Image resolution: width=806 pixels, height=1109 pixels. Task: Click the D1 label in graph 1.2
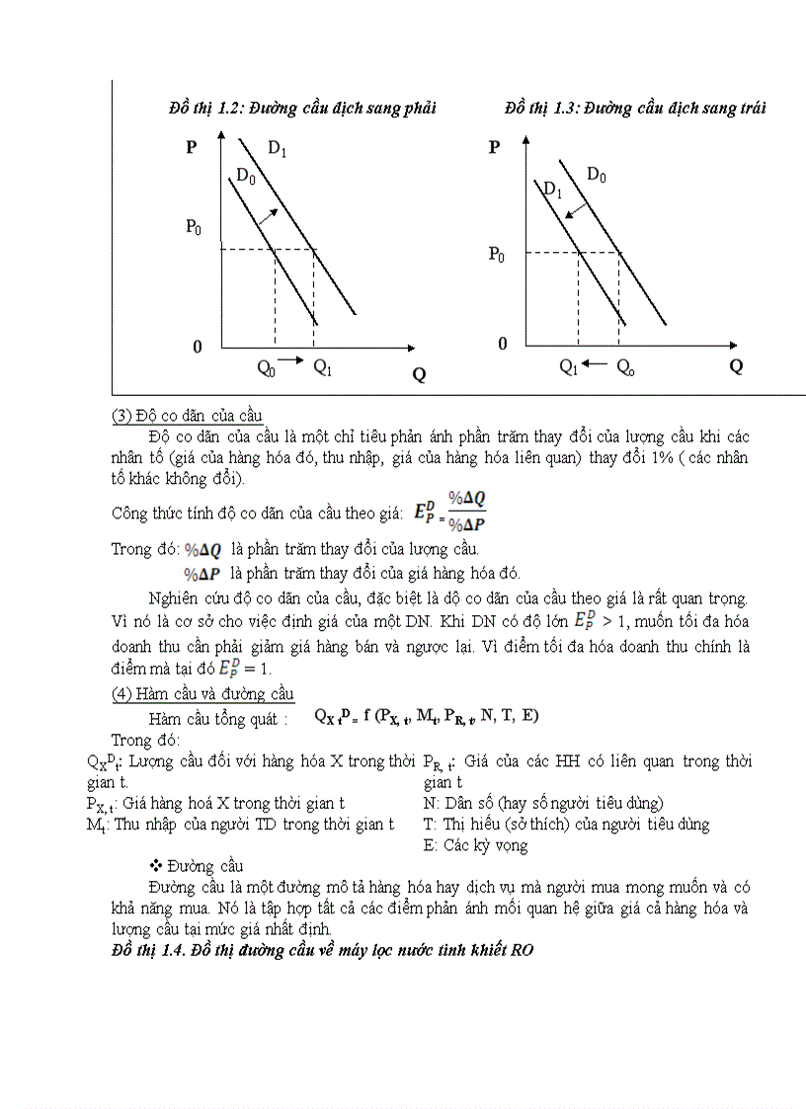click(278, 150)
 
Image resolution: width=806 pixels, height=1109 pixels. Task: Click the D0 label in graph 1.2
click(246, 177)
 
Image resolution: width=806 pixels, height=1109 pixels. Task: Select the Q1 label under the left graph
click(323, 367)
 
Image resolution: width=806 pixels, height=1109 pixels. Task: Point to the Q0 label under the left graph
click(266, 367)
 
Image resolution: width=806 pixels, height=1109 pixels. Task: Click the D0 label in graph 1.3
click(597, 175)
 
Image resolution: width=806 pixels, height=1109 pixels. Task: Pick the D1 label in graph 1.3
click(551, 190)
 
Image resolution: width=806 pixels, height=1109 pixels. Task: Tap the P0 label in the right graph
click(496, 255)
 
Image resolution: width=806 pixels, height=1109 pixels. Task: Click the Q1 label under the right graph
click(569, 366)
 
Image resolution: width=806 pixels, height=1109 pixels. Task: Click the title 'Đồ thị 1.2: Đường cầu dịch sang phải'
click(302, 108)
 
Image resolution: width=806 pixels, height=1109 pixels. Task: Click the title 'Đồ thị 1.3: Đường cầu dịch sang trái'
click(634, 108)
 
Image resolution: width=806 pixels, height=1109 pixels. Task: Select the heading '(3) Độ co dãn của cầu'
click(187, 415)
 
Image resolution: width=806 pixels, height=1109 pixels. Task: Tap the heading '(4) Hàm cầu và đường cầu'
click(201, 694)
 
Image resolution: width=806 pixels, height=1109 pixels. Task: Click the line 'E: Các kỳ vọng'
click(475, 845)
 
